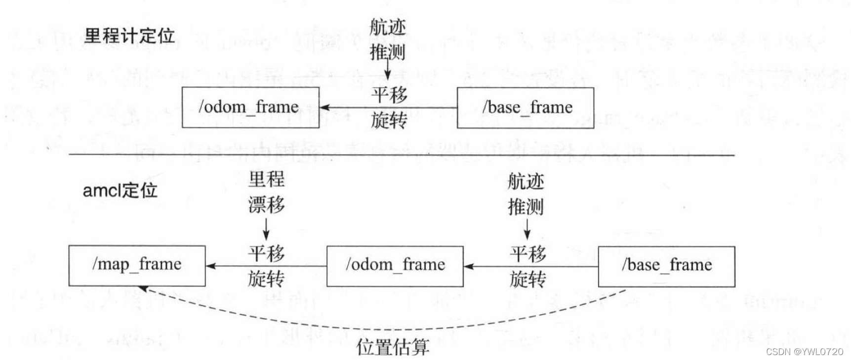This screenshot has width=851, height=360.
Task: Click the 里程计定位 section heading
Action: coord(129,36)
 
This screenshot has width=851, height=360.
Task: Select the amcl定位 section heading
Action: coord(120,190)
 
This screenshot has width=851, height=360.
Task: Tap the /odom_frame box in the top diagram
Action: coord(250,107)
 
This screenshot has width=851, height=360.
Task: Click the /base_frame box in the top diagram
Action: coord(526,108)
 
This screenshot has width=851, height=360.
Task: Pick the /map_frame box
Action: coord(137,266)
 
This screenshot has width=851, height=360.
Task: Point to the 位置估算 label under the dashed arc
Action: coord(393,347)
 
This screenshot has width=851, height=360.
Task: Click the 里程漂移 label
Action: coord(266,192)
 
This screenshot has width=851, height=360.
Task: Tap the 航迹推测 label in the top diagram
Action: coord(388,40)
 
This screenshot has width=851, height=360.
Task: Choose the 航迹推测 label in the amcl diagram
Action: coord(526,194)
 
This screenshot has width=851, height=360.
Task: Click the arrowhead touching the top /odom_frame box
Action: coord(324,107)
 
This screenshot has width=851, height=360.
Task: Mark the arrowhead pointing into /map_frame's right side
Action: coord(210,266)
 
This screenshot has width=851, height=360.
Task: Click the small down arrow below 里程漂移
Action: coord(266,230)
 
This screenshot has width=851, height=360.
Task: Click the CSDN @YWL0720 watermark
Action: coord(805,352)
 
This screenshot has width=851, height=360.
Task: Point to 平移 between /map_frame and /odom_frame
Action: coord(266,253)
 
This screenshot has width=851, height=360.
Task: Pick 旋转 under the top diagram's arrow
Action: coord(389,120)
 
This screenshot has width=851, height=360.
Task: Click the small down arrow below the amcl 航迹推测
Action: coord(527,230)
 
